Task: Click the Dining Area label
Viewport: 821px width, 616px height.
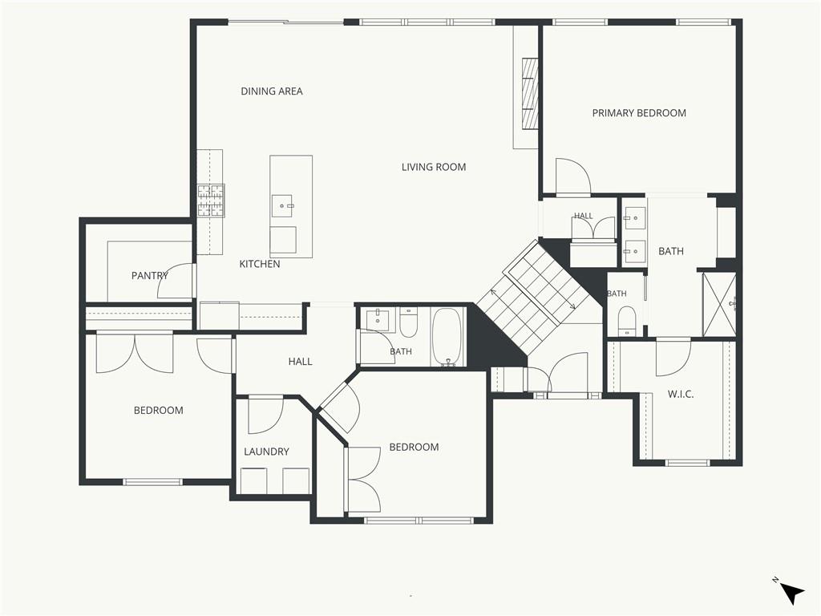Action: click(272, 91)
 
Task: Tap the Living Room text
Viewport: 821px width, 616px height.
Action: click(434, 167)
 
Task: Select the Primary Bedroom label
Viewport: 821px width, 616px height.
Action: click(639, 112)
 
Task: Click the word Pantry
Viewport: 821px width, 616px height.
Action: click(150, 276)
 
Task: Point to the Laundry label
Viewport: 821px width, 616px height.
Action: click(266, 452)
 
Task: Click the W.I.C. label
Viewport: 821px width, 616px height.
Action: click(681, 395)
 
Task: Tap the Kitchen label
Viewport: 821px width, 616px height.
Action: click(260, 264)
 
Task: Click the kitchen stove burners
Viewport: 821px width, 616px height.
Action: click(211, 201)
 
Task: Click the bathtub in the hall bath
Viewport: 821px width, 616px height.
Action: click(447, 337)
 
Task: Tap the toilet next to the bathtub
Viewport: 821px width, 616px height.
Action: click(408, 323)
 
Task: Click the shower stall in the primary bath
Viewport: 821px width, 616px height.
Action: click(719, 304)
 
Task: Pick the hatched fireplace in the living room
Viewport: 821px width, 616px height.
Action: click(530, 93)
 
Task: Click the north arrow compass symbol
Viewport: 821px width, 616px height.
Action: click(791, 592)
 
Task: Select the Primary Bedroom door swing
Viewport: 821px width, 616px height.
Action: click(573, 176)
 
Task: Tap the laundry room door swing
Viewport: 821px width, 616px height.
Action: click(265, 416)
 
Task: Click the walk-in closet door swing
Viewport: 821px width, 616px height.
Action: click(673, 358)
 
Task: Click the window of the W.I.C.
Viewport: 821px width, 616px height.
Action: click(687, 463)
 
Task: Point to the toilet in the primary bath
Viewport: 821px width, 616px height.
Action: click(627, 320)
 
